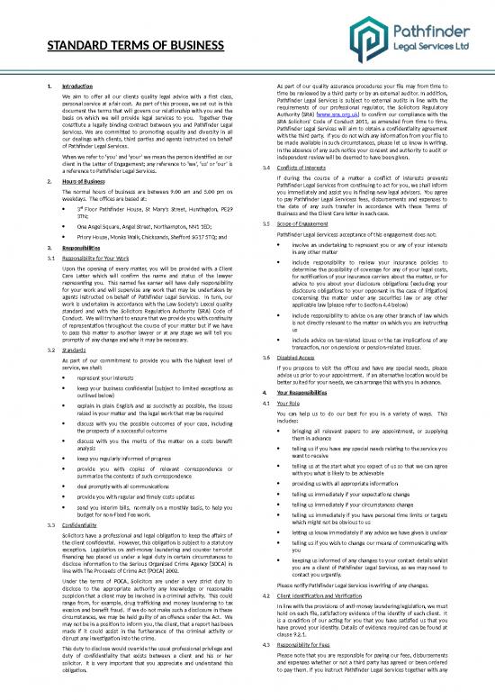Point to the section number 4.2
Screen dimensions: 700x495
[x=264, y=596]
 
